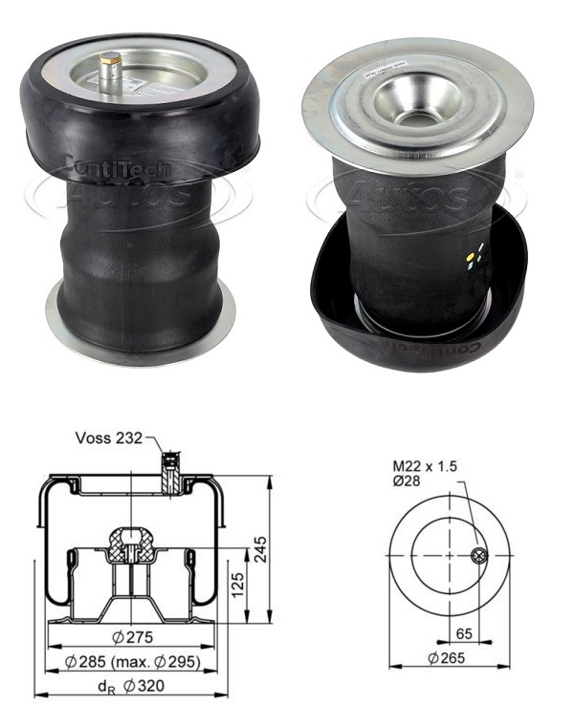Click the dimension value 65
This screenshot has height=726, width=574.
pos(464,631)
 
